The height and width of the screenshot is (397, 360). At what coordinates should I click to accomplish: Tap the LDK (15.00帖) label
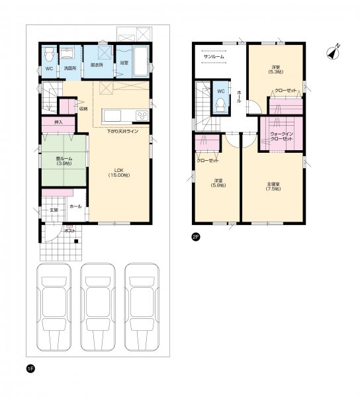[x=120, y=173]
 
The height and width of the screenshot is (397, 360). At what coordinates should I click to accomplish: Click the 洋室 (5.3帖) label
[x=275, y=69]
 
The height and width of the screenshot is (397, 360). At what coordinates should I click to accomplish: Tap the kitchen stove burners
[x=142, y=116]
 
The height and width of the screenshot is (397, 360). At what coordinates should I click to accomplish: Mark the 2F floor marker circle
[x=196, y=238]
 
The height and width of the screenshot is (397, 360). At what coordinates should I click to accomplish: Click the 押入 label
[x=58, y=122]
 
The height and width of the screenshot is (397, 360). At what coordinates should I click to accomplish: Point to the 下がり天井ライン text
[x=123, y=132]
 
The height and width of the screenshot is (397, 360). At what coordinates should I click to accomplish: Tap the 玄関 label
[x=53, y=210]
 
